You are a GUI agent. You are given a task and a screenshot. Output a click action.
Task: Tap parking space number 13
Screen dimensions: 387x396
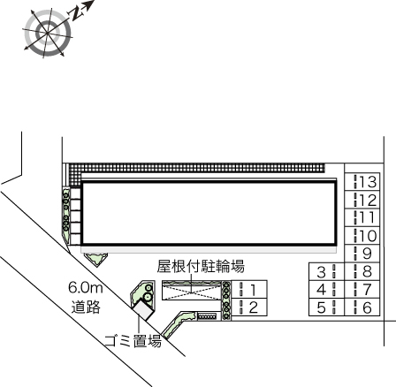point(363,181)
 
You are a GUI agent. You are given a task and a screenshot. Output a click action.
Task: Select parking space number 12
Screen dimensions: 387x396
point(363,200)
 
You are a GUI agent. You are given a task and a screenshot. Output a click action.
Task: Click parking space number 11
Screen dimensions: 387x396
point(363,217)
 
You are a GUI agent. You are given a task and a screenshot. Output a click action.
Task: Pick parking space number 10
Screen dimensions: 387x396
point(363,236)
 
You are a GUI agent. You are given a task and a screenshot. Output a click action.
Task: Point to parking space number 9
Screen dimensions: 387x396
point(363,254)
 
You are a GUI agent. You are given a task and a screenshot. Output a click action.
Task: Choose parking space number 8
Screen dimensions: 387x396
point(363,271)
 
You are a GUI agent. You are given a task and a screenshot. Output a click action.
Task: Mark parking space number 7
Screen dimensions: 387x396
point(363,289)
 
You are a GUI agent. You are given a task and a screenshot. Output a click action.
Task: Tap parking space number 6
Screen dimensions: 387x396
point(363,307)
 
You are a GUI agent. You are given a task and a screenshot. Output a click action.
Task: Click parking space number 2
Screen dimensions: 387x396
point(249,307)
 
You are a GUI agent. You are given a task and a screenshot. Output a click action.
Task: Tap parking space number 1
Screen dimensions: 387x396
point(249,289)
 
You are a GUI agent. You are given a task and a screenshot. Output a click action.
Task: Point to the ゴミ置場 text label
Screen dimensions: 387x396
point(133,339)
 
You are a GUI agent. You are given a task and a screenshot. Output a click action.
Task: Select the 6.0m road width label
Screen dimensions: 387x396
point(86,288)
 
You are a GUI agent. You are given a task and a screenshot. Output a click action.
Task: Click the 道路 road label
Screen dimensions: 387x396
point(86,307)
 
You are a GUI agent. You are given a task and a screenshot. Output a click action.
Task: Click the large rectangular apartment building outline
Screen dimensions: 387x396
point(208,214)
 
